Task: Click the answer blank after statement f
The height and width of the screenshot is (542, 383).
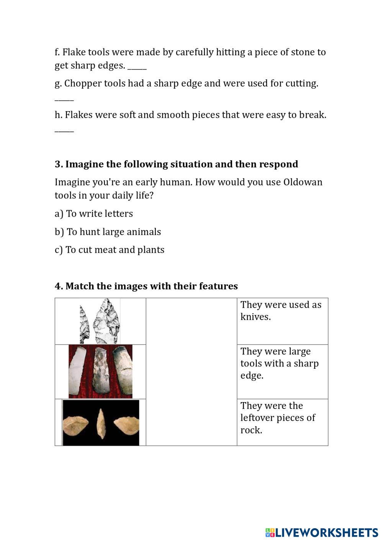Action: [x=137, y=67]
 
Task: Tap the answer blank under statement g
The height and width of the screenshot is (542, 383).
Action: [x=64, y=99]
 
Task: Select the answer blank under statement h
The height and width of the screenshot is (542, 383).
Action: [x=64, y=130]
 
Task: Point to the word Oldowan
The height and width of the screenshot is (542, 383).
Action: [x=303, y=182]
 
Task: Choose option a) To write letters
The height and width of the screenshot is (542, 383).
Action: [x=94, y=214]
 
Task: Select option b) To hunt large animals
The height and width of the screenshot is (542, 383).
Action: [x=108, y=232]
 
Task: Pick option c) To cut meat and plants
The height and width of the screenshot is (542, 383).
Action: [x=110, y=250]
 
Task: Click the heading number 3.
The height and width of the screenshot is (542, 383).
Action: [x=58, y=164]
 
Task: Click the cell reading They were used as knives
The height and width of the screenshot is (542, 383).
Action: [x=282, y=320]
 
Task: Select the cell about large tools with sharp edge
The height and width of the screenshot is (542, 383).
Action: [x=282, y=371]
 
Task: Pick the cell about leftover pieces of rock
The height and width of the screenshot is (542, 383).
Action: [x=282, y=422]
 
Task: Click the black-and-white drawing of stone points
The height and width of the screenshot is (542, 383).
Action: [x=100, y=321]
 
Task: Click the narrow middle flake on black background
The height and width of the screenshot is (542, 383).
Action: [x=101, y=423]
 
